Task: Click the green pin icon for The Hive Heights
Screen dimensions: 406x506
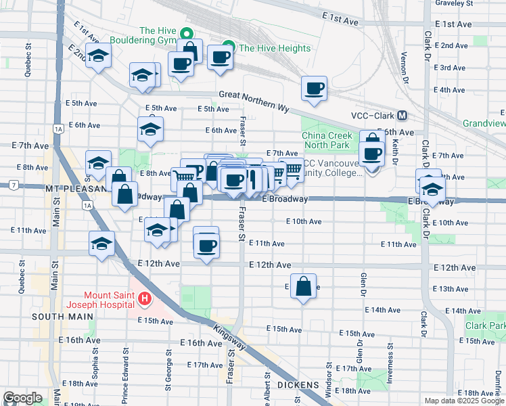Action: [x=228, y=47]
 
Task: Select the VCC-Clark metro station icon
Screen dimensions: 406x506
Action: [x=402, y=116]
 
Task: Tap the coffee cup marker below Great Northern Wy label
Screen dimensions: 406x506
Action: [x=314, y=89]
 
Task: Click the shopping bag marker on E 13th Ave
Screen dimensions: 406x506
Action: [x=304, y=286]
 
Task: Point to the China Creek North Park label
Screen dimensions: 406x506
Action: [x=326, y=139]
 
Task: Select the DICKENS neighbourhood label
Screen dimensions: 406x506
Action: [x=298, y=384]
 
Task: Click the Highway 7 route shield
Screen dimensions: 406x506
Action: [x=13, y=185]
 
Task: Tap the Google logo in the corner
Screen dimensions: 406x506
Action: [x=22, y=398]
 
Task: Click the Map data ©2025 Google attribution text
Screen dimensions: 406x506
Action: [x=464, y=401]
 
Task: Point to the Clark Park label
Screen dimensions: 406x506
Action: [x=484, y=325]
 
